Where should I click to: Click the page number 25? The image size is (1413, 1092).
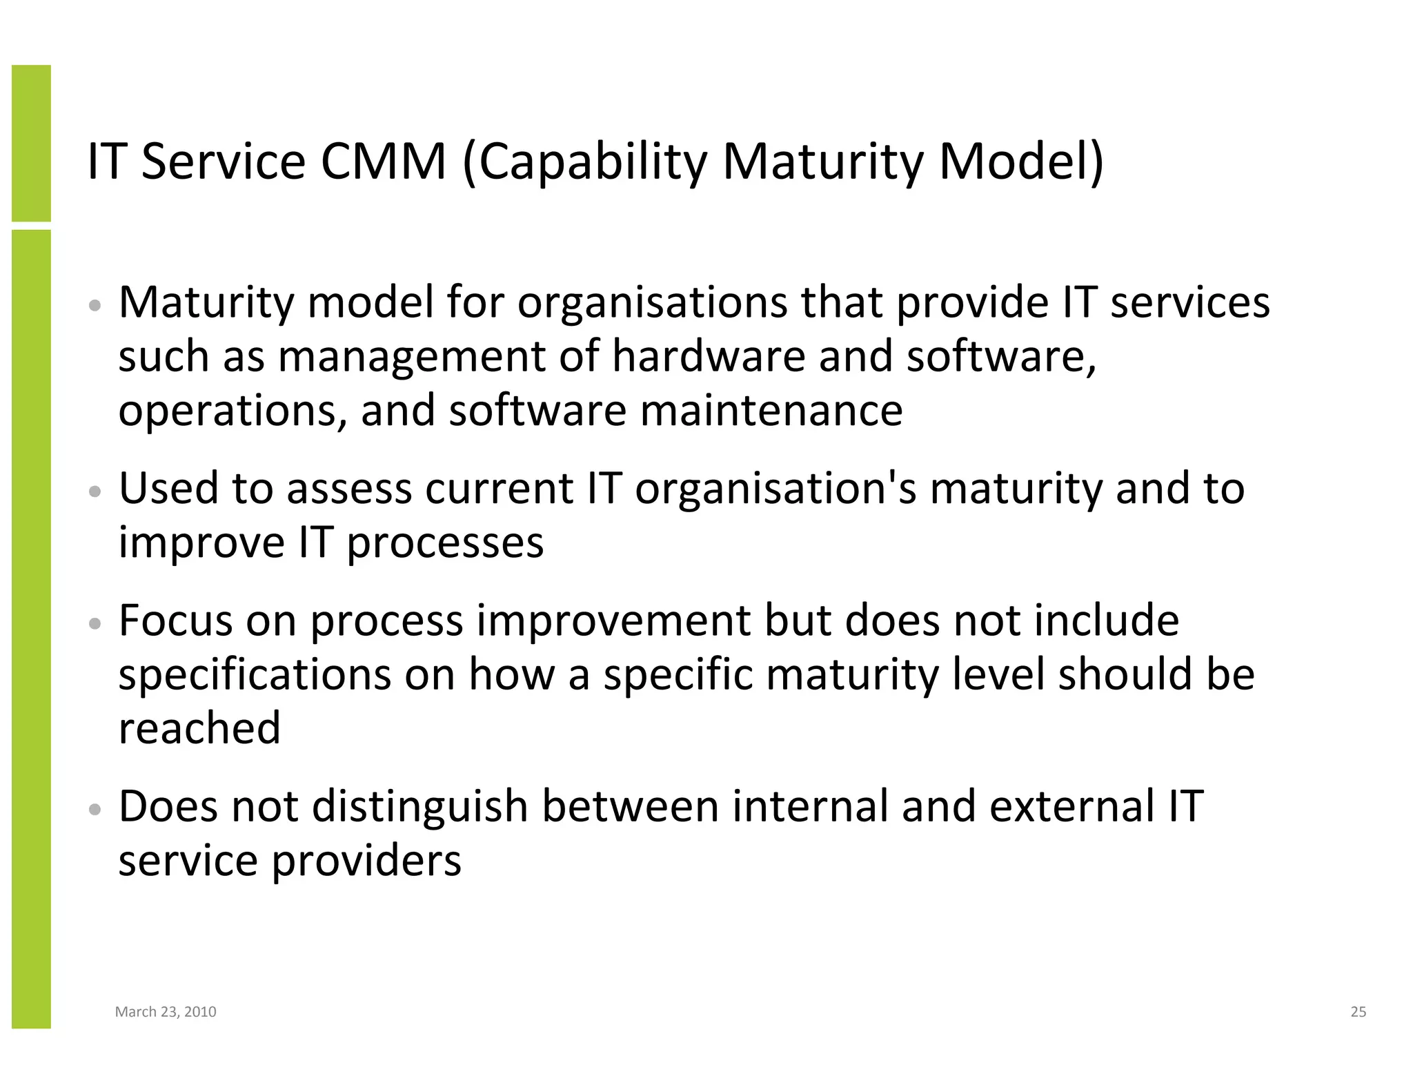coord(1358,1012)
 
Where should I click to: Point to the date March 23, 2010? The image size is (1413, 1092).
coord(166,1012)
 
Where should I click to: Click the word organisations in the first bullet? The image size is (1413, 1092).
coord(651,304)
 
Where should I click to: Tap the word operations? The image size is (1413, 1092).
coord(233,411)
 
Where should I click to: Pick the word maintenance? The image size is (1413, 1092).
coord(771,410)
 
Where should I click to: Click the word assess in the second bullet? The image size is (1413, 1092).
coord(348,489)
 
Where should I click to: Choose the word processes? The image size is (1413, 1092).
coord(445,543)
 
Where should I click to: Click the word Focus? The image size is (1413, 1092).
coord(176,621)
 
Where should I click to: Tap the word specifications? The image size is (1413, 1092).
coord(254,675)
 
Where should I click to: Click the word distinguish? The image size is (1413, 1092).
coord(420,807)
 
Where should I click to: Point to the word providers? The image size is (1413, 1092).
coord(366,861)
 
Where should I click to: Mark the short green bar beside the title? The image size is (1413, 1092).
coord(31,143)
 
